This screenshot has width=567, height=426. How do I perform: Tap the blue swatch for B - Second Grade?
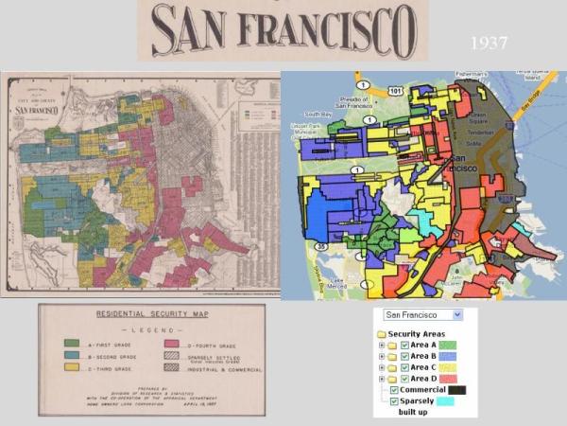(73, 354)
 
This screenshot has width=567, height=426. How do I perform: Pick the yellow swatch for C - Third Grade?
(73, 367)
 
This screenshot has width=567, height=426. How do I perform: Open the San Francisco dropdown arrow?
(457, 314)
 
